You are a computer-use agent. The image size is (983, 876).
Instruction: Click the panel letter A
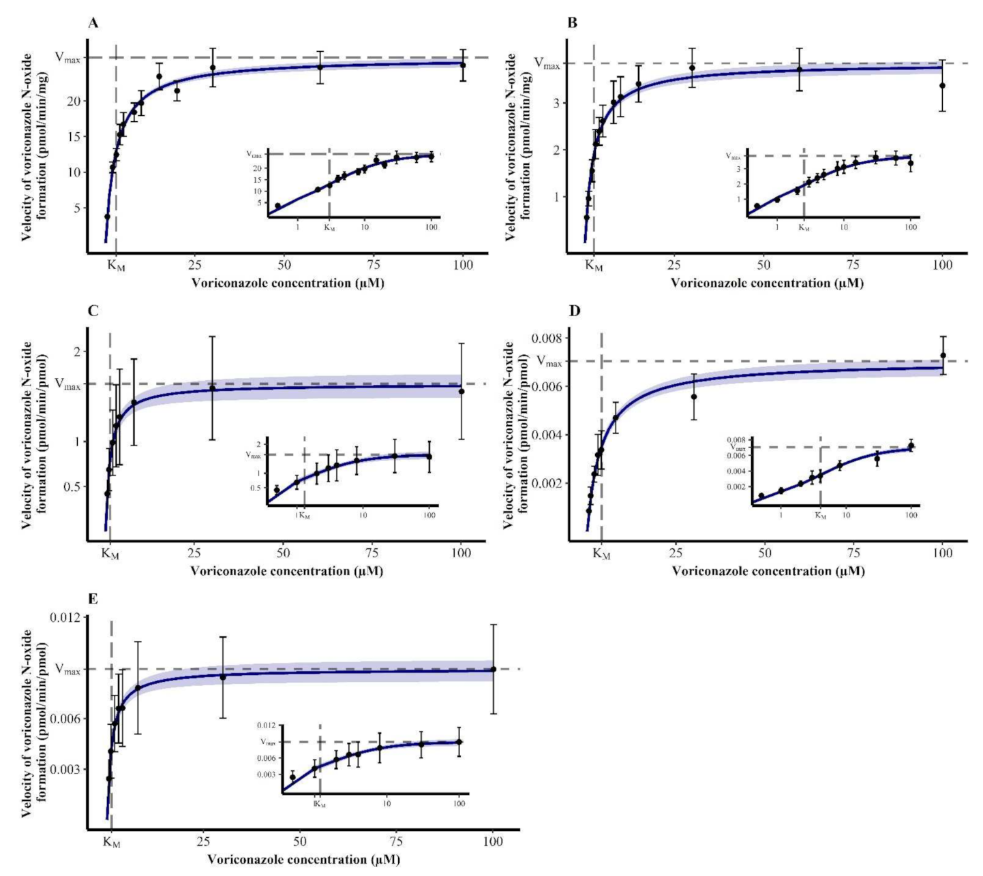tap(93, 23)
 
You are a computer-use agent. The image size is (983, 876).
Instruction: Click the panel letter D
tap(574, 311)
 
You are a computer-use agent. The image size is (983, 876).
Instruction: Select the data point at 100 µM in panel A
tap(463, 65)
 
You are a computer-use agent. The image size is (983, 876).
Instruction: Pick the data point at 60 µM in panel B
tap(799, 69)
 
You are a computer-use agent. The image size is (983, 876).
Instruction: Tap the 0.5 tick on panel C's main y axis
tap(70, 486)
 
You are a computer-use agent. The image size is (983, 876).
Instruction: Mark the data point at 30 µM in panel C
tap(212, 388)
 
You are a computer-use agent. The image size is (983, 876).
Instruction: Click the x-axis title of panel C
tap(287, 571)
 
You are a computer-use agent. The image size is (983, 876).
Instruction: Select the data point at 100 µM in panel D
tap(943, 356)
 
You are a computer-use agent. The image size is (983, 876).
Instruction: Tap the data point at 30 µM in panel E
tap(223, 677)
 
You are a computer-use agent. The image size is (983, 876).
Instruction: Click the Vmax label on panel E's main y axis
tap(68, 670)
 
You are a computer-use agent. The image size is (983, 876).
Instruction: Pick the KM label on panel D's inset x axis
tap(821, 516)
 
